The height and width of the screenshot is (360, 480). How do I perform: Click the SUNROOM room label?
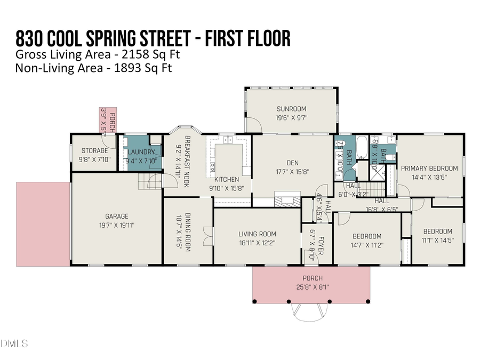292,108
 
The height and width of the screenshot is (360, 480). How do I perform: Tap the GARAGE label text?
116,216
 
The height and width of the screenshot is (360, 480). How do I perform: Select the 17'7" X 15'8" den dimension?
292,172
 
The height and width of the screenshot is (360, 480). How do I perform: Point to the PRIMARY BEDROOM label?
429,168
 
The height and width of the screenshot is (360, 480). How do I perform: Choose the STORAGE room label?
94,151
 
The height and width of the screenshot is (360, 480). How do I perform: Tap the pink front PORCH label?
313,278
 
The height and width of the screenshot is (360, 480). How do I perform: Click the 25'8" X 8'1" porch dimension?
313,287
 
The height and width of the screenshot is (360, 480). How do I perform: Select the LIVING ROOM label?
257,234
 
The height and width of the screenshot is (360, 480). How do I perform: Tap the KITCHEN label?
227,180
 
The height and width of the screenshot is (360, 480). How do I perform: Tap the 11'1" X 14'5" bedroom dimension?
437,239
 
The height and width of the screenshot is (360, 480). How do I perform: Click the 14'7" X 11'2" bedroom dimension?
367,245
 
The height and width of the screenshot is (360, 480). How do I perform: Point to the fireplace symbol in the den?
287,198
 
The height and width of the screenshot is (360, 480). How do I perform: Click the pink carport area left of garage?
43,224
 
